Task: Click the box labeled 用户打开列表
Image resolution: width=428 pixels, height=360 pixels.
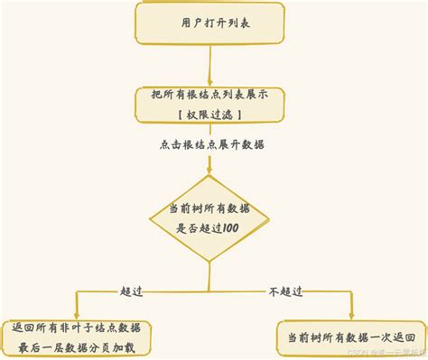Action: [210, 23]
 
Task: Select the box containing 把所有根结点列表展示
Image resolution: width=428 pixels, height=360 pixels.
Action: [210, 104]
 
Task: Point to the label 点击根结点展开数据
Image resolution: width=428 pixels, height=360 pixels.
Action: [211, 144]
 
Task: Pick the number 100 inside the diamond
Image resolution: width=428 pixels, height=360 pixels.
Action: [228, 229]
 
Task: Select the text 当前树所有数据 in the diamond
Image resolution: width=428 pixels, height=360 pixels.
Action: [210, 208]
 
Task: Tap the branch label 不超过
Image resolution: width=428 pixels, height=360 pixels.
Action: [285, 291]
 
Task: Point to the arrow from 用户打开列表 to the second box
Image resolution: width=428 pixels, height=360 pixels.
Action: [210, 65]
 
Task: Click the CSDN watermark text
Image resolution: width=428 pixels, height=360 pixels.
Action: [377, 353]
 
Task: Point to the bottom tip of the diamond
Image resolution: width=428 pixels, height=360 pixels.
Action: [210, 263]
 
